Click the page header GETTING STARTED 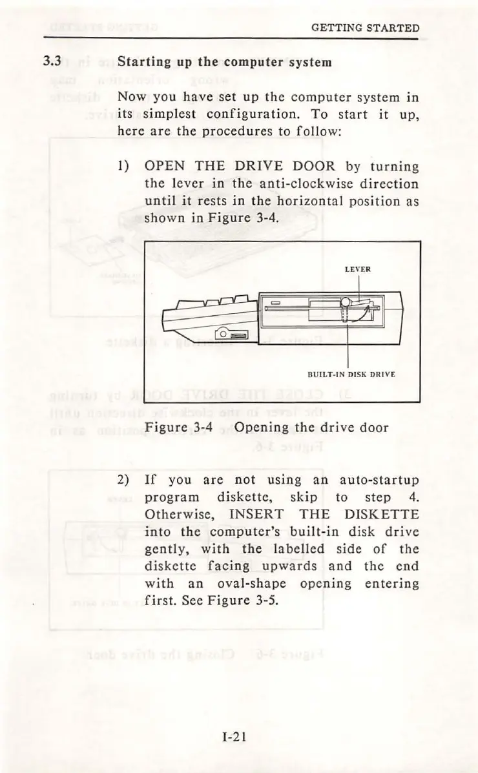[365, 28]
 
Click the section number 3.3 [52, 63]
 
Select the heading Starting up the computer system [225, 63]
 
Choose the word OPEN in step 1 [165, 167]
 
